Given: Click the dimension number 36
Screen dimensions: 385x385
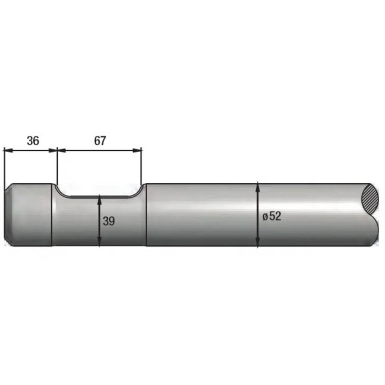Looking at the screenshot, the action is click(33, 141).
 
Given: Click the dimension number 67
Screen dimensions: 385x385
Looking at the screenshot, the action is click(100, 141).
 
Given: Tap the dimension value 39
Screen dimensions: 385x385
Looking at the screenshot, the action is click(109, 221).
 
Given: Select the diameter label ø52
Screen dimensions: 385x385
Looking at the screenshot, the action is click(272, 216).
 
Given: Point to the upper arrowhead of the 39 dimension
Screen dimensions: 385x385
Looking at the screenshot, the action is click(100, 200).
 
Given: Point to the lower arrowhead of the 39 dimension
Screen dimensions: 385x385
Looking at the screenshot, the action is click(100, 241).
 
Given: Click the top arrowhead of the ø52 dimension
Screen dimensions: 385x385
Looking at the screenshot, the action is click(257, 187).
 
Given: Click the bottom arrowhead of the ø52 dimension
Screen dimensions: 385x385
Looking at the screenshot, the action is click(257, 242).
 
